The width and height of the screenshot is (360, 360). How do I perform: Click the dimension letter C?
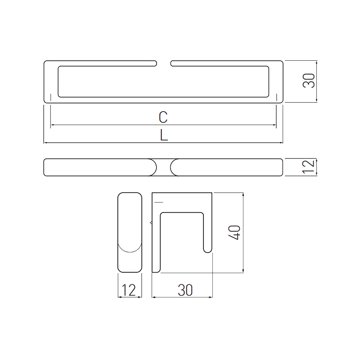click(x=163, y=117)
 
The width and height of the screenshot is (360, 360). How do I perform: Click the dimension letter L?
click(x=164, y=135)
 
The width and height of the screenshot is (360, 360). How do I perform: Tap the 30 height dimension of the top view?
click(x=309, y=81)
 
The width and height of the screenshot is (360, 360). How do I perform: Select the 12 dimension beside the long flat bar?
click(x=309, y=167)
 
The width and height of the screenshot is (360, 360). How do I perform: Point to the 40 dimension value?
click(x=234, y=232)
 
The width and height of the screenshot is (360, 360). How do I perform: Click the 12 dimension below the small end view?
click(x=129, y=290)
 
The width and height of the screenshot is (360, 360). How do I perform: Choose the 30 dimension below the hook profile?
click(x=185, y=290)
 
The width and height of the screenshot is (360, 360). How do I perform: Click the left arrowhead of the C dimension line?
click(x=52, y=125)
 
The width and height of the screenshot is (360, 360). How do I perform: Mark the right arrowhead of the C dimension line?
click(x=274, y=125)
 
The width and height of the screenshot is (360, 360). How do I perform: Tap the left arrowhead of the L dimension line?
click(x=45, y=143)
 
